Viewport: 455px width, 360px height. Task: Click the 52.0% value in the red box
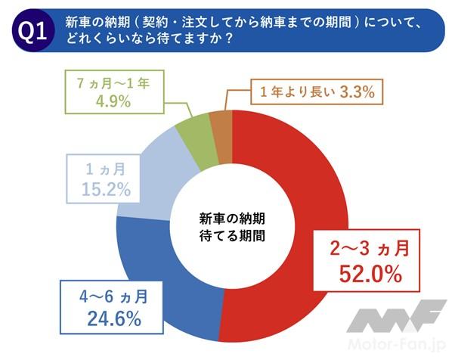[366, 274]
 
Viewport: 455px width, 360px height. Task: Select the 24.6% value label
[113, 318]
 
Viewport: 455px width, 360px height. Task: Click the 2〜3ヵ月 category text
[365, 248]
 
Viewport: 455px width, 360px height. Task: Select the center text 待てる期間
[231, 235]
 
